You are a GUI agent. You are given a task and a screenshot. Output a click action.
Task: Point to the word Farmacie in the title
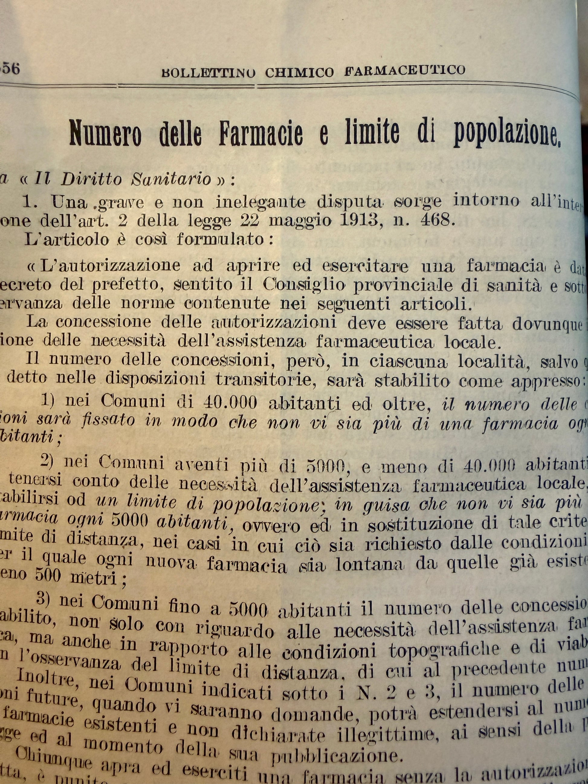tap(261, 134)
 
